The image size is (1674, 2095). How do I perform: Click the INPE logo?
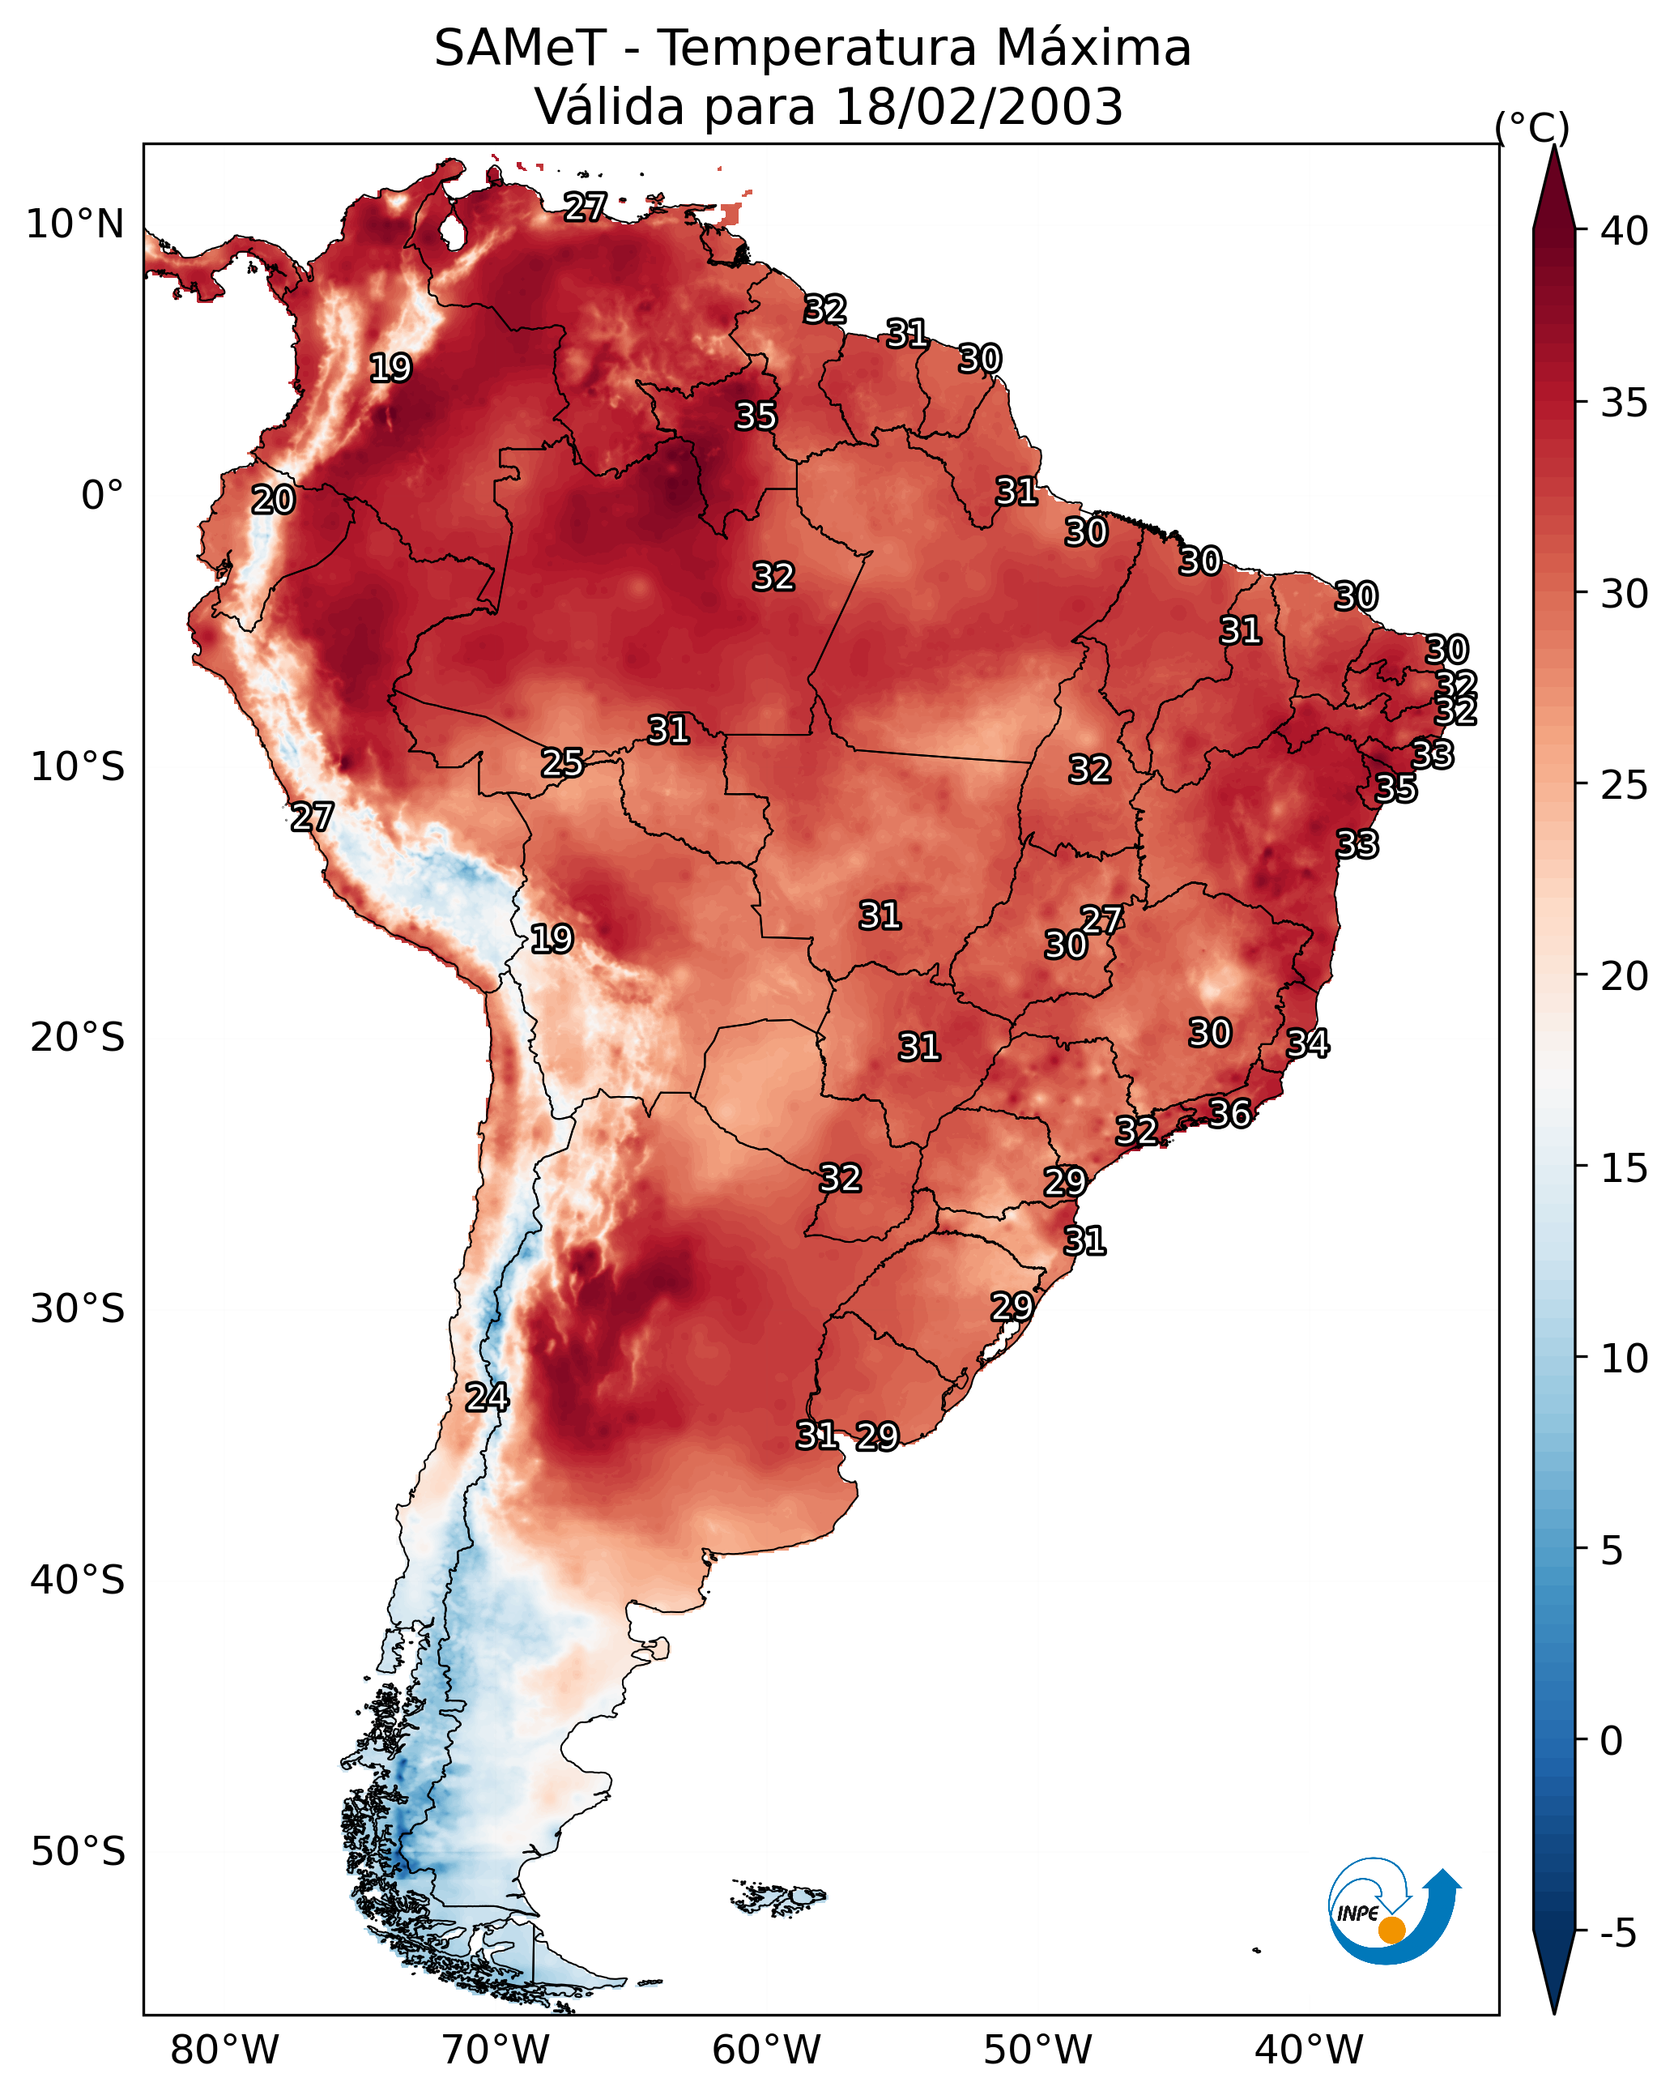click(1391, 1914)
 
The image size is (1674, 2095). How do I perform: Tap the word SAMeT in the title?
click(520, 49)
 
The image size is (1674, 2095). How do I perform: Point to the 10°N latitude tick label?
click(75, 224)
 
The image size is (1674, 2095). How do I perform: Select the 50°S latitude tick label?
click(78, 1851)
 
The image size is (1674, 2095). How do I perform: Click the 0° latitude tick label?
click(102, 496)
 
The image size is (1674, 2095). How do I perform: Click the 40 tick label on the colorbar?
click(1625, 231)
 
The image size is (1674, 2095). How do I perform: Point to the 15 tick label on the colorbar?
click(1625, 1168)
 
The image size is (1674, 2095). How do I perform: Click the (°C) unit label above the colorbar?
click(1532, 127)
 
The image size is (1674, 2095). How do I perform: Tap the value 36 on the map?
click(1229, 1114)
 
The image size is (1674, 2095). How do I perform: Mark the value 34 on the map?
click(1308, 1043)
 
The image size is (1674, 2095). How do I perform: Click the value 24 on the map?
click(487, 1397)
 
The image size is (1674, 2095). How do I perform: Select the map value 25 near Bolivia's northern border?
click(563, 763)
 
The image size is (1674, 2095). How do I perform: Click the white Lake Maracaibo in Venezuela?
click(452, 231)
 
